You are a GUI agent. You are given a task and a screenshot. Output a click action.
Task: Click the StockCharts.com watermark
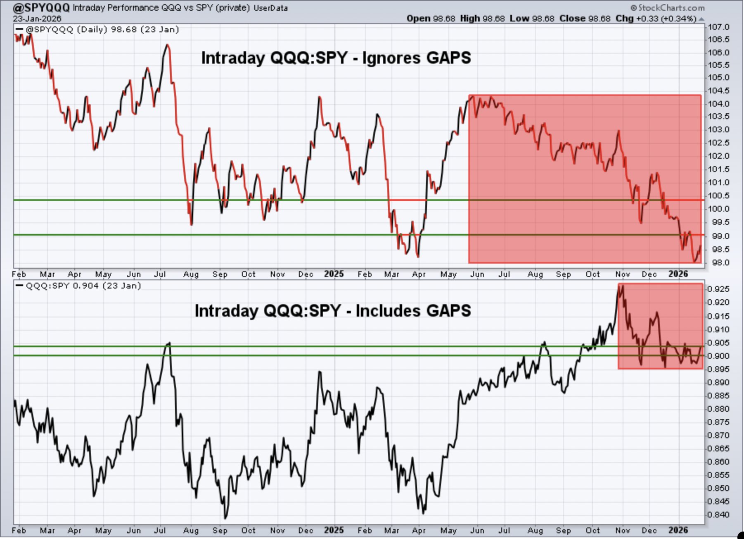click(x=668, y=8)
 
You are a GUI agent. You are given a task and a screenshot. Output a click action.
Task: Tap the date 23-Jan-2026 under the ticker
click(x=37, y=19)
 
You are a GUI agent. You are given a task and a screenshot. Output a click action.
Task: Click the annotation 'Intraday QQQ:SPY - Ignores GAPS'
click(x=336, y=58)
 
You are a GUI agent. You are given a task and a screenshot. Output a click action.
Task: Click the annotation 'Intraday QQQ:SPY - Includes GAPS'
click(x=333, y=311)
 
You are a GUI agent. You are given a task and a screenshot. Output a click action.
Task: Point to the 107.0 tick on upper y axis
click(x=719, y=27)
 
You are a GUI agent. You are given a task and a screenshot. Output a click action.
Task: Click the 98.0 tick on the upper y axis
click(x=719, y=263)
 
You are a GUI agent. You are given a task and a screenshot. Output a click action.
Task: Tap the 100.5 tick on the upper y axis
click(x=719, y=196)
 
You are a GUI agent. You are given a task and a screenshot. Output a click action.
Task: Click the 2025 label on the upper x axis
click(x=334, y=274)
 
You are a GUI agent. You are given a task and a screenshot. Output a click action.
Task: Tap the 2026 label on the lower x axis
click(x=678, y=530)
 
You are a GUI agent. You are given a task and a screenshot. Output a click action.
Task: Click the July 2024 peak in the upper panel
click(x=167, y=45)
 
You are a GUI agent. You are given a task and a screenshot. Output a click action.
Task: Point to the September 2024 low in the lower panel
click(x=225, y=518)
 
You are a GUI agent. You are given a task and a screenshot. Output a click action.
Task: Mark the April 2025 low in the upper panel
click(x=418, y=257)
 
